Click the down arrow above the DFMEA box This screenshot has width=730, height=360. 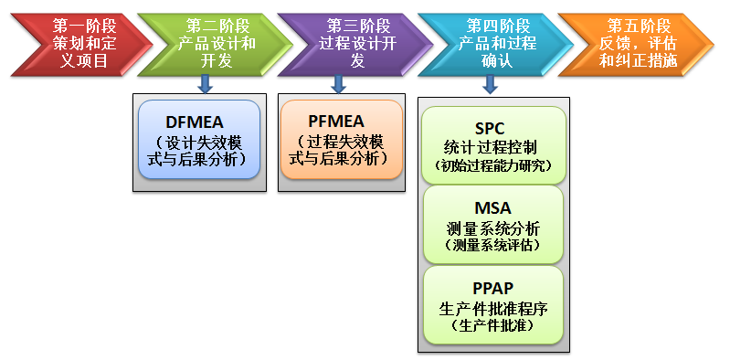pos(206,84)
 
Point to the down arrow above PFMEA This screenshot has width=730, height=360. pos(339,84)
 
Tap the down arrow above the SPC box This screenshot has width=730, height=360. pos(490,84)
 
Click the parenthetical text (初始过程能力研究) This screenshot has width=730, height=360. pos(492,165)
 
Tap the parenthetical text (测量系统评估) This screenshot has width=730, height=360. pos(492,245)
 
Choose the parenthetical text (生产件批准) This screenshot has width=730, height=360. pos(492,324)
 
